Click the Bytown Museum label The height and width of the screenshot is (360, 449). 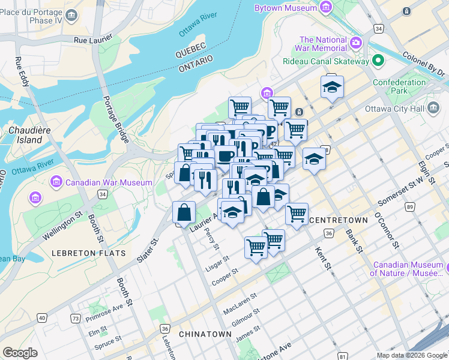pos(285,8)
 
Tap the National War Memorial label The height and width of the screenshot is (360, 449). pos(322,44)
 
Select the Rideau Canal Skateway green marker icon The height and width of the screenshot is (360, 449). pos(379,61)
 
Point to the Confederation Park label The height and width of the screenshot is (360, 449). pos(398,87)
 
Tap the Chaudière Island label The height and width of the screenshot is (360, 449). pos(25,135)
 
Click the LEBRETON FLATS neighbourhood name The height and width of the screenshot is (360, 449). pos(88,253)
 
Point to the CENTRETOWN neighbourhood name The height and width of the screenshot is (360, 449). pos(339,220)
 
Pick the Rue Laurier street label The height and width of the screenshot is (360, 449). pos(97,40)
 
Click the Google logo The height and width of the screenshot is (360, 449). pos(20,352)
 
